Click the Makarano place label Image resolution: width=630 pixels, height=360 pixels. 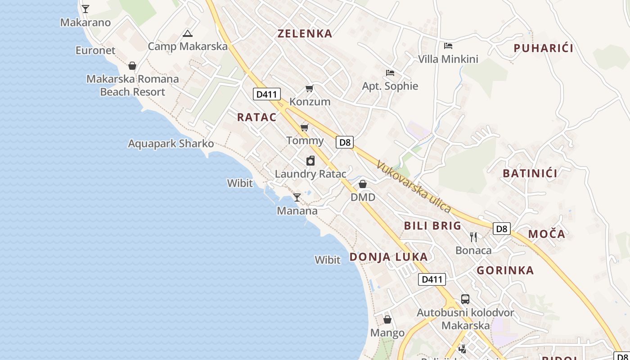tap(85, 22)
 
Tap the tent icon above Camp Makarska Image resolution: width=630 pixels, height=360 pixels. tap(188, 33)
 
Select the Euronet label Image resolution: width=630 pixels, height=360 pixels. tap(95, 50)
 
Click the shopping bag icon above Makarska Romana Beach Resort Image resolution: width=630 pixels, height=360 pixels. tap(132, 66)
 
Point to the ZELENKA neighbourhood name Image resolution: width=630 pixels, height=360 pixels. tap(305, 33)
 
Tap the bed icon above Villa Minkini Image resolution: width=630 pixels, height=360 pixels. tap(448, 46)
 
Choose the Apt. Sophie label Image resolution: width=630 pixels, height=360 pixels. tap(390, 86)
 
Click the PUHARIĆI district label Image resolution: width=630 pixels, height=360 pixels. tap(543, 48)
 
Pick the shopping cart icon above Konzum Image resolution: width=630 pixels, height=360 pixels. tap(310, 88)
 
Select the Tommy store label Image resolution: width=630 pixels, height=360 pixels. tap(305, 140)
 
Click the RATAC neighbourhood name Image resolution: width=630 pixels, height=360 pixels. tap(256, 117)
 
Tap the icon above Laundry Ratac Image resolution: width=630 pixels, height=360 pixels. tap(310, 161)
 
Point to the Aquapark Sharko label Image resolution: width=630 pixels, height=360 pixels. tap(171, 144)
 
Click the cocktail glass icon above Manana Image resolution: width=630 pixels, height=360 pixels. tap(297, 197)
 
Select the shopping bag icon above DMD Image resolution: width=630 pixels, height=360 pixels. tap(363, 184)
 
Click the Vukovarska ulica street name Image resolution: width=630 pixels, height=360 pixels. tap(414, 186)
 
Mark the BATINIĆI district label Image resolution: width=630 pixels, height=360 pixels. tap(530, 173)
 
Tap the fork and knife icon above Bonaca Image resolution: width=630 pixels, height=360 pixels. tap(473, 237)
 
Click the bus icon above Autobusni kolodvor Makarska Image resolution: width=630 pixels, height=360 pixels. tap(465, 299)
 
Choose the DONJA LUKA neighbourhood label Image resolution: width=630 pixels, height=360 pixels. tap(388, 257)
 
